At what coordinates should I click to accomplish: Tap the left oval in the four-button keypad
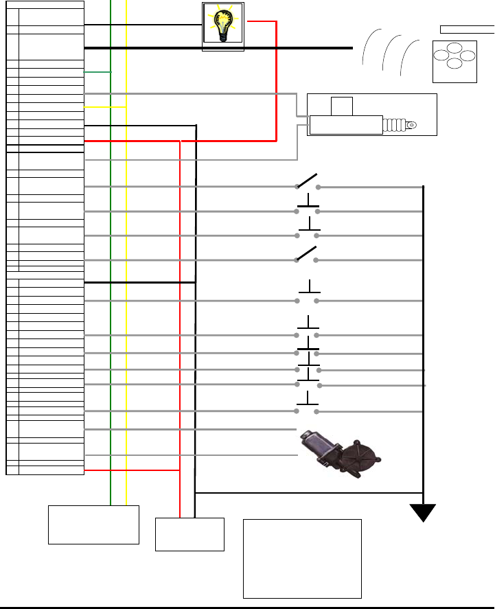click(x=439, y=56)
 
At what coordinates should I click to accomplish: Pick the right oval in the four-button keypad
click(x=467, y=56)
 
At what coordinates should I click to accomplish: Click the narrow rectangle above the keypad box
click(x=467, y=29)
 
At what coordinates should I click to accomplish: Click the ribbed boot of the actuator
click(x=393, y=126)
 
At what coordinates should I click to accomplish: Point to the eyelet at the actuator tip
click(x=411, y=126)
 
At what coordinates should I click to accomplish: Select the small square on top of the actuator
click(x=341, y=106)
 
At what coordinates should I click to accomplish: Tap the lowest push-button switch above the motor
click(x=307, y=406)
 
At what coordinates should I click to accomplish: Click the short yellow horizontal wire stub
click(x=105, y=107)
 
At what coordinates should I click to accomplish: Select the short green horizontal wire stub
click(x=97, y=72)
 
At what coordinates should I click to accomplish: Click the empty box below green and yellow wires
click(x=93, y=525)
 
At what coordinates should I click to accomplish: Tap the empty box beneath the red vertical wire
click(x=189, y=533)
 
